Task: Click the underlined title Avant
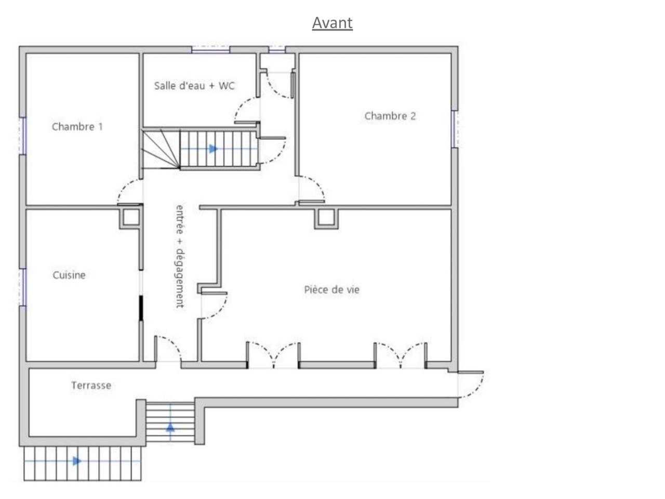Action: click(332, 23)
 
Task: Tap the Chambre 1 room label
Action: click(77, 126)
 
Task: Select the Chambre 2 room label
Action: click(390, 116)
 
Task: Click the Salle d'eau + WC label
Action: click(194, 85)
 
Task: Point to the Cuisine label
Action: click(69, 275)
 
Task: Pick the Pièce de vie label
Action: click(332, 290)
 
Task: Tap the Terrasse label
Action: click(91, 385)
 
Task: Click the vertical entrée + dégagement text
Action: click(180, 256)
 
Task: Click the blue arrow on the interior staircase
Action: click(214, 149)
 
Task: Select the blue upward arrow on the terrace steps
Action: click(170, 427)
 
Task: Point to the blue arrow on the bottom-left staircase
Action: click(77, 461)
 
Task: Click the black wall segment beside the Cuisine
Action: click(141, 308)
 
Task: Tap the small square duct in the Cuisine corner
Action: click(131, 218)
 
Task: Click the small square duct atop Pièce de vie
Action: click(326, 219)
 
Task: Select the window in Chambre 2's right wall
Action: click(455, 129)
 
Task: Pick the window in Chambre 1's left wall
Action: click(23, 136)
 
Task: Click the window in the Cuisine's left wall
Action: click(23, 287)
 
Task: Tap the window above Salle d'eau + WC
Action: click(210, 49)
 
